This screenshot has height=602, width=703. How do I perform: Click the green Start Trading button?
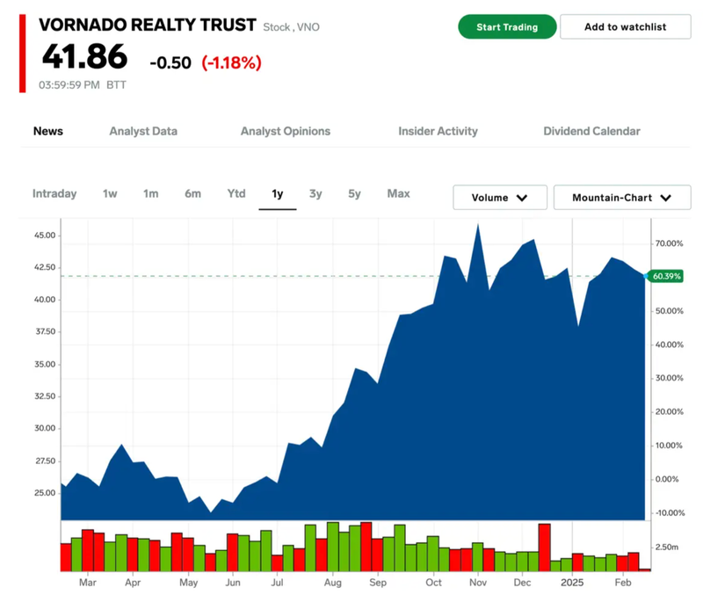[507, 26]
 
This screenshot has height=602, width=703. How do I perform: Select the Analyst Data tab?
[143, 131]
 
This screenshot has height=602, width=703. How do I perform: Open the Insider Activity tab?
[438, 131]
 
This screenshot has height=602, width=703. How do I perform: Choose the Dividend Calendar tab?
[591, 131]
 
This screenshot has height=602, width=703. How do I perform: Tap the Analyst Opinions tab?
[286, 131]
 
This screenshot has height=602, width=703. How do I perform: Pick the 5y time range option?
[354, 193]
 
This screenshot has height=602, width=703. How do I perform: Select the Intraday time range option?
[54, 193]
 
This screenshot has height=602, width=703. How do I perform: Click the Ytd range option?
[236, 193]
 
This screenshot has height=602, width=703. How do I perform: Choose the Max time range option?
[398, 193]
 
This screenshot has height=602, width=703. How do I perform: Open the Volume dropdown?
[500, 198]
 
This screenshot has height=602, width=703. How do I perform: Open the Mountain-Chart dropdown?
[622, 198]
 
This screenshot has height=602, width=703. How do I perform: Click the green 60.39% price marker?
[666, 276]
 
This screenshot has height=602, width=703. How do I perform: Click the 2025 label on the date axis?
[572, 582]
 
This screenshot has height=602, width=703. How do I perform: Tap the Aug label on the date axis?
[331, 582]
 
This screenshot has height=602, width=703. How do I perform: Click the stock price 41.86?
[84, 58]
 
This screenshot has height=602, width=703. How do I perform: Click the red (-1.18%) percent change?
[231, 62]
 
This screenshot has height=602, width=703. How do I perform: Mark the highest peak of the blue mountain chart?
[478, 225]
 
